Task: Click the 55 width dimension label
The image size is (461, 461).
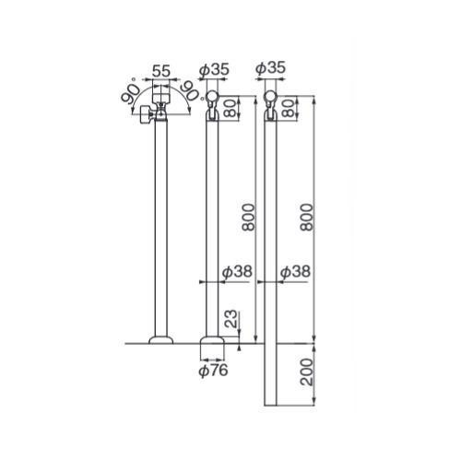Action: [x=161, y=71]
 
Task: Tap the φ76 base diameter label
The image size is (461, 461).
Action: [x=213, y=371]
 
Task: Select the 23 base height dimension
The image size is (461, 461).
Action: [x=232, y=319]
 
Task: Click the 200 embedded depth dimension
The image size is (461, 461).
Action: [x=306, y=372]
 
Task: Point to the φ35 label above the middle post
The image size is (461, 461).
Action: [x=214, y=70]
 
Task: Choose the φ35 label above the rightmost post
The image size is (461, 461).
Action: [x=270, y=68]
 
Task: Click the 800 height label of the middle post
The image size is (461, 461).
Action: [x=248, y=217]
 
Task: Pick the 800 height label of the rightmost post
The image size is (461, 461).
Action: [x=306, y=217]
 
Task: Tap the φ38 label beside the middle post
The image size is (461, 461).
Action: [x=237, y=272]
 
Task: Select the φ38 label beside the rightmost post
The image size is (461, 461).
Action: [x=295, y=272]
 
